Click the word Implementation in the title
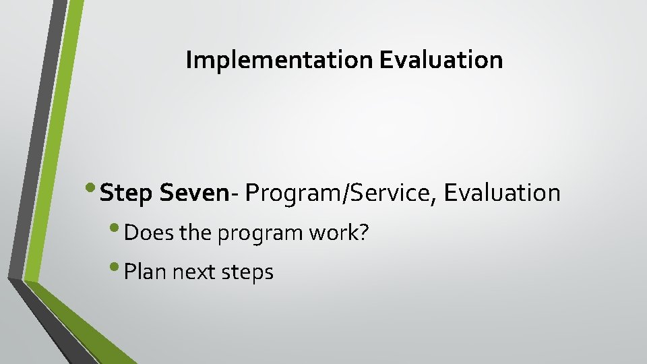[279, 61]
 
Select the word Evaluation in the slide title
[441, 61]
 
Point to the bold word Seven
[195, 193]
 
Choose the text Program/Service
[341, 193]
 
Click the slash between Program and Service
[341, 193]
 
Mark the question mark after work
[365, 233]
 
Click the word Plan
[146, 272]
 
